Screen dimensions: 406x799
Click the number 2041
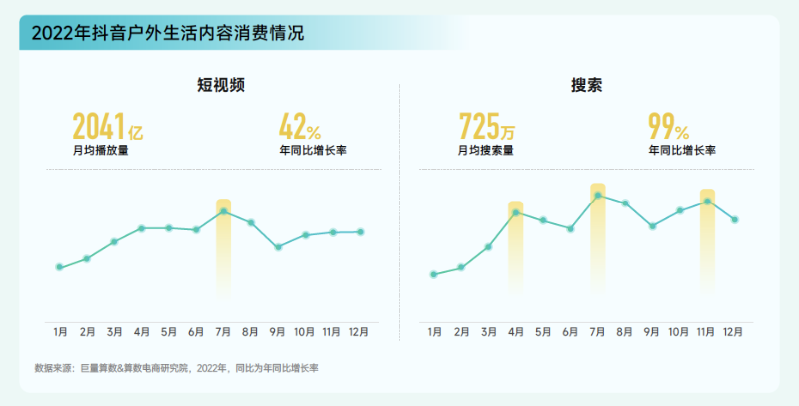tap(98, 128)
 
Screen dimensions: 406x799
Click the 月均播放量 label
tap(100, 152)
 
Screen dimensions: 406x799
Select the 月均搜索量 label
tap(485, 152)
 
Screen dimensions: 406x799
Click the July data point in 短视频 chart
tap(224, 211)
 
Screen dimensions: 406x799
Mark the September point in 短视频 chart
tap(278, 247)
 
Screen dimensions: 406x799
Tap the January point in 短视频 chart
tap(60, 267)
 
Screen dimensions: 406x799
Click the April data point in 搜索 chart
tap(516, 212)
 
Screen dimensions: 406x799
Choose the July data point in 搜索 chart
tap(597, 195)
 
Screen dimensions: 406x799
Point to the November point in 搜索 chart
tap(707, 202)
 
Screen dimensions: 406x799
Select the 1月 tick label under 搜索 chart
tap(434, 332)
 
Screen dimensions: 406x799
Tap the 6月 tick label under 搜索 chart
tap(570, 332)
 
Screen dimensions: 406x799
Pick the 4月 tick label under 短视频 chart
tap(142, 332)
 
